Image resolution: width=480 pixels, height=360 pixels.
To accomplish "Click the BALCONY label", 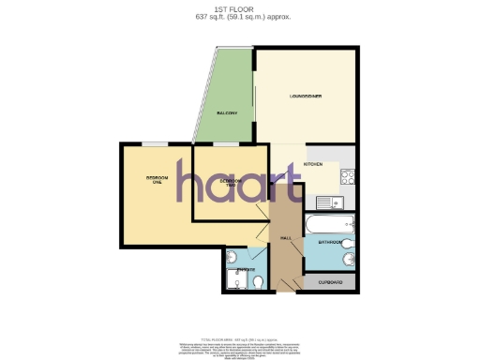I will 225,113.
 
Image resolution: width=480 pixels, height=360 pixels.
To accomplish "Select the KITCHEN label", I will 313,164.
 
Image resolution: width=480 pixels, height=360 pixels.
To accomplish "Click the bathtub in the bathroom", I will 329,223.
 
